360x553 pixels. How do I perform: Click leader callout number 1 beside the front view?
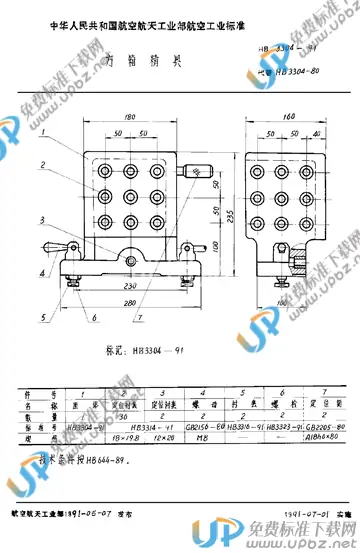[x=46, y=131]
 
